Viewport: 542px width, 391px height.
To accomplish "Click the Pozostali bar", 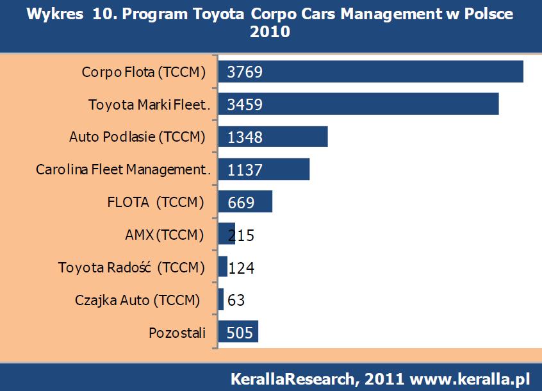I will [x=238, y=332].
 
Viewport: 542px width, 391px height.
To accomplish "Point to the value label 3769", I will [x=245, y=72].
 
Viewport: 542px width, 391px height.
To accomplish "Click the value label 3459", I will [x=245, y=104].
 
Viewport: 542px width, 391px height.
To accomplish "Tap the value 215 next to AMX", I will [x=241, y=235].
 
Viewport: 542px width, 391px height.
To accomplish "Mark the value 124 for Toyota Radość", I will [x=241, y=267].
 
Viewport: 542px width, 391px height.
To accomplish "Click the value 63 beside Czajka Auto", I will [x=236, y=300].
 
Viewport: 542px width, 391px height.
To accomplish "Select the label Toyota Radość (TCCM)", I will [x=131, y=267].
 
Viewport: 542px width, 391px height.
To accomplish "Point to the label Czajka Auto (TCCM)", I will [x=141, y=300].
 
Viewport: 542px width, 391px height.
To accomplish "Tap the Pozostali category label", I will [x=177, y=333].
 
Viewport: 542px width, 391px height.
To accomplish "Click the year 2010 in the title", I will [x=270, y=31].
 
